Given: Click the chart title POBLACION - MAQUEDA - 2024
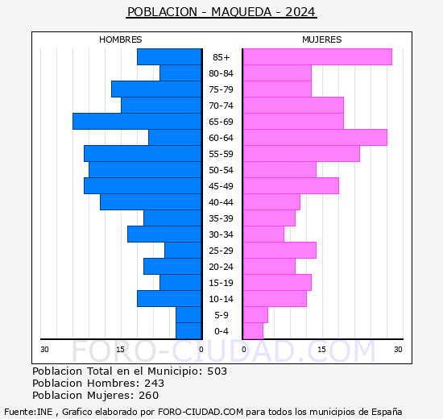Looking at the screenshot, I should (x=221, y=12).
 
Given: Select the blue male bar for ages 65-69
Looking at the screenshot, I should (x=136, y=122).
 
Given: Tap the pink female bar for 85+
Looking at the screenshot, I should (x=317, y=57).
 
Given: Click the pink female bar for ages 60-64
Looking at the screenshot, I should (x=314, y=138).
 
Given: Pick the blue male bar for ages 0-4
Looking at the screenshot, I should (x=188, y=331).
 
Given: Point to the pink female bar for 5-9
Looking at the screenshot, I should (x=255, y=315).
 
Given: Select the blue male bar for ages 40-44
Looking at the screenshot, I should (x=150, y=202).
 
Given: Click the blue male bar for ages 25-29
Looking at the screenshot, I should (x=182, y=251).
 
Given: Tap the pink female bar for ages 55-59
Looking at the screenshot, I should (x=300, y=154).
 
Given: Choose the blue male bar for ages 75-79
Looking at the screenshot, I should (x=155, y=89).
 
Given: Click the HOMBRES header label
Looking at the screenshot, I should (x=121, y=39).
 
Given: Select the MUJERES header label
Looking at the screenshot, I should (x=321, y=39).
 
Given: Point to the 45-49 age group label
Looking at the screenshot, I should (x=221, y=186).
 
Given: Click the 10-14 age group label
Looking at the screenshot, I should (x=221, y=299).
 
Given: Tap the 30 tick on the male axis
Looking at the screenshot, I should (x=45, y=349).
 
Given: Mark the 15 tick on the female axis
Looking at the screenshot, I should (x=321, y=349).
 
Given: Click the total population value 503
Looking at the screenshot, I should (x=217, y=371).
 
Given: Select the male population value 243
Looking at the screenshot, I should (x=155, y=384).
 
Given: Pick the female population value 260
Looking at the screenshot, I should (x=149, y=396).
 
